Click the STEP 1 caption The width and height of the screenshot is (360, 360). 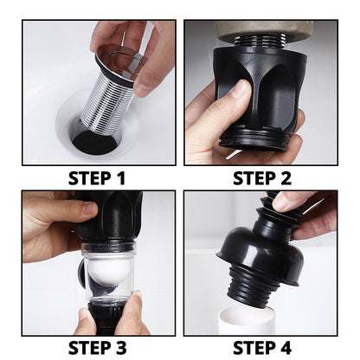(96, 180)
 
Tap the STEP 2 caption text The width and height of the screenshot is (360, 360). (264, 180)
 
